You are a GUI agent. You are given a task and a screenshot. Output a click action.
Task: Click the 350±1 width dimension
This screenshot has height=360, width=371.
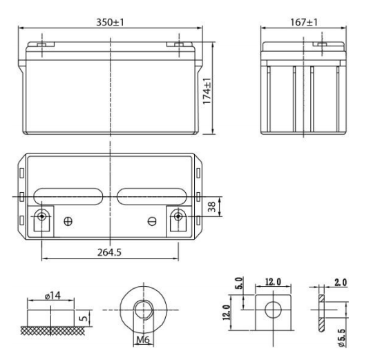click(x=111, y=21)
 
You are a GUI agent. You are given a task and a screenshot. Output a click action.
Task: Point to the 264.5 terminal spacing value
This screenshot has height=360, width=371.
click(x=109, y=253)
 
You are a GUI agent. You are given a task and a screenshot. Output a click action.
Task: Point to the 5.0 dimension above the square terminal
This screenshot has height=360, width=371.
click(x=239, y=284)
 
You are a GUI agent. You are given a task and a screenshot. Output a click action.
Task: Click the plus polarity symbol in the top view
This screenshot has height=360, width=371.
click(x=67, y=222)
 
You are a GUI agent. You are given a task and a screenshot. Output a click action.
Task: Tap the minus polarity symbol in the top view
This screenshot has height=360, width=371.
click(x=153, y=222)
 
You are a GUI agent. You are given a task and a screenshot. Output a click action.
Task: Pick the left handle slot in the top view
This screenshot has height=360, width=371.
click(x=67, y=196)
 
